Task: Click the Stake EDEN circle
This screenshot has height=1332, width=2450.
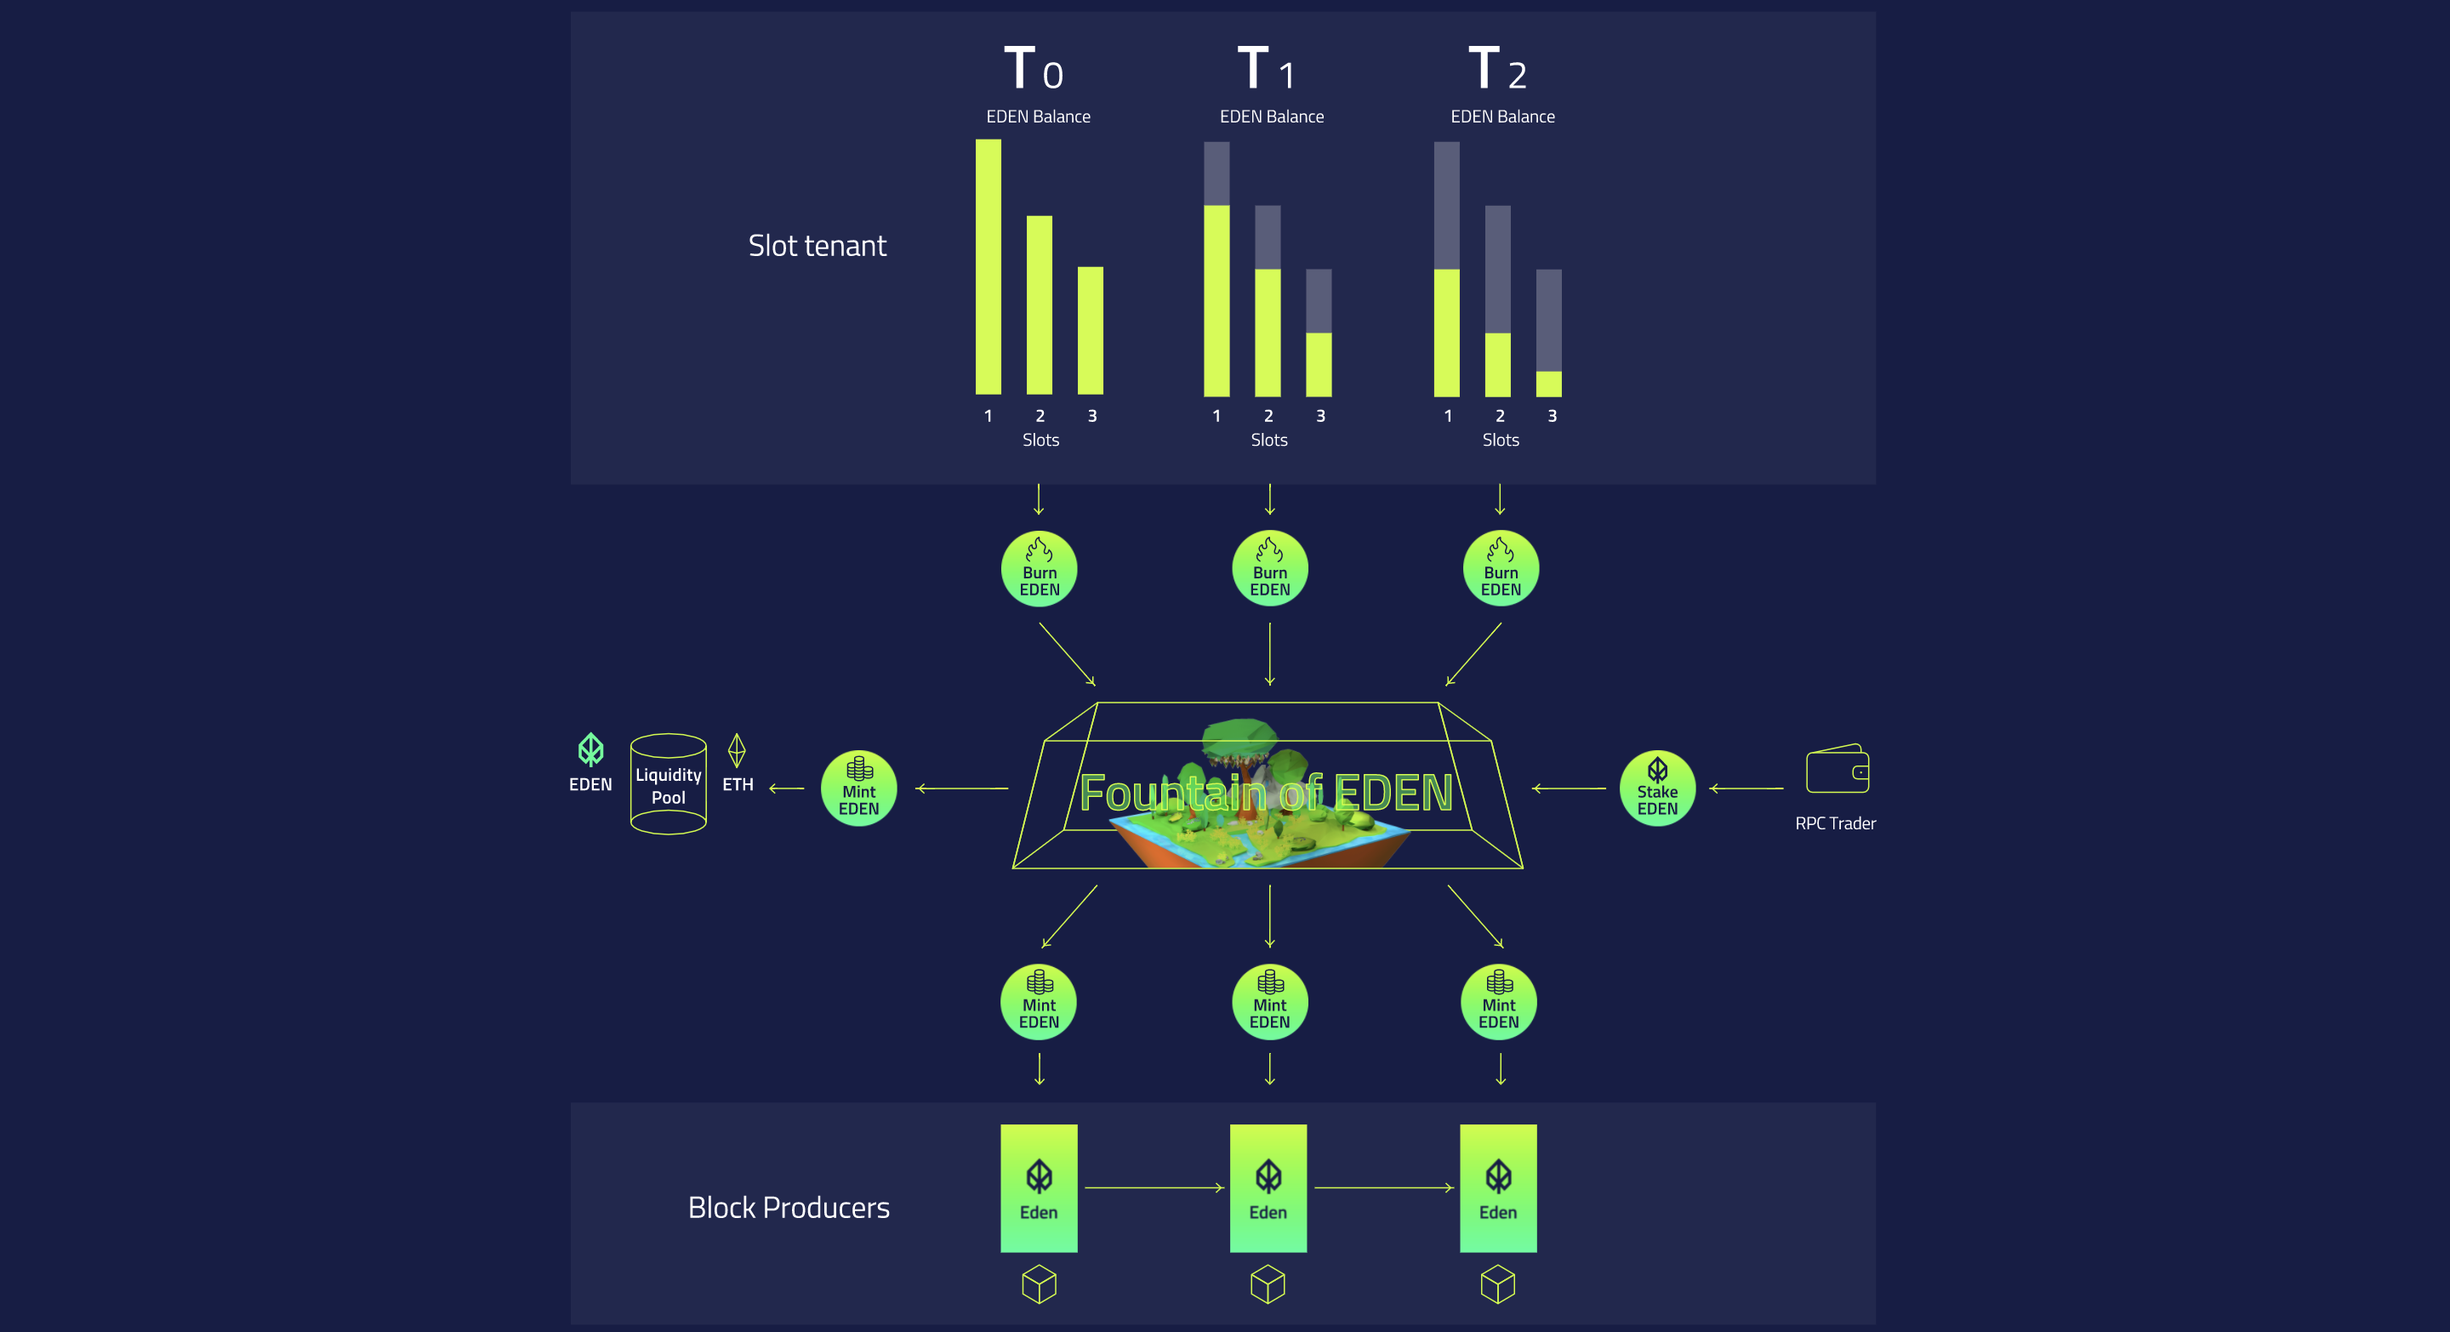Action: coord(1657,788)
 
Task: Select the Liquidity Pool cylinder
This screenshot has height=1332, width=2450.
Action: coord(668,784)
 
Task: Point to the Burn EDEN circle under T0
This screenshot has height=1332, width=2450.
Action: coord(1039,568)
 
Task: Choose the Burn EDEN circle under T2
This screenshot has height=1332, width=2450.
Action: coord(1500,568)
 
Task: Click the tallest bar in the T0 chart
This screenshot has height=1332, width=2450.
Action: coord(989,266)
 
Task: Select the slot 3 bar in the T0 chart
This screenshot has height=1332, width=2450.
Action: coord(1090,330)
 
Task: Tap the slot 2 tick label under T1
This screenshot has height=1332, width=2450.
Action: coord(1268,415)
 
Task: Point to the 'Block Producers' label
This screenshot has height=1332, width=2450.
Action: coord(789,1208)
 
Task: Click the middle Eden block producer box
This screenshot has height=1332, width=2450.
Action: coord(1268,1187)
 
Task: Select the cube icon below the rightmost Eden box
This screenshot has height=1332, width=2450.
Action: coord(1497,1284)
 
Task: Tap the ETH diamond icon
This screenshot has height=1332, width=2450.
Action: coord(736,750)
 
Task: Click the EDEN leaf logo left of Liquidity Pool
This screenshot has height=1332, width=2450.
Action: coord(590,750)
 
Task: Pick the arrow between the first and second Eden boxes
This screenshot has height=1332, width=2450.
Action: coord(1153,1187)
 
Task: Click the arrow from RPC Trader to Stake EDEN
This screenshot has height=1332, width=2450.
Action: coord(1746,788)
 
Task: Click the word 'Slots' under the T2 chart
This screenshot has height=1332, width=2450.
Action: coord(1500,441)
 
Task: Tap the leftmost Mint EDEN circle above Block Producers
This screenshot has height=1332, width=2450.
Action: coord(1039,1002)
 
